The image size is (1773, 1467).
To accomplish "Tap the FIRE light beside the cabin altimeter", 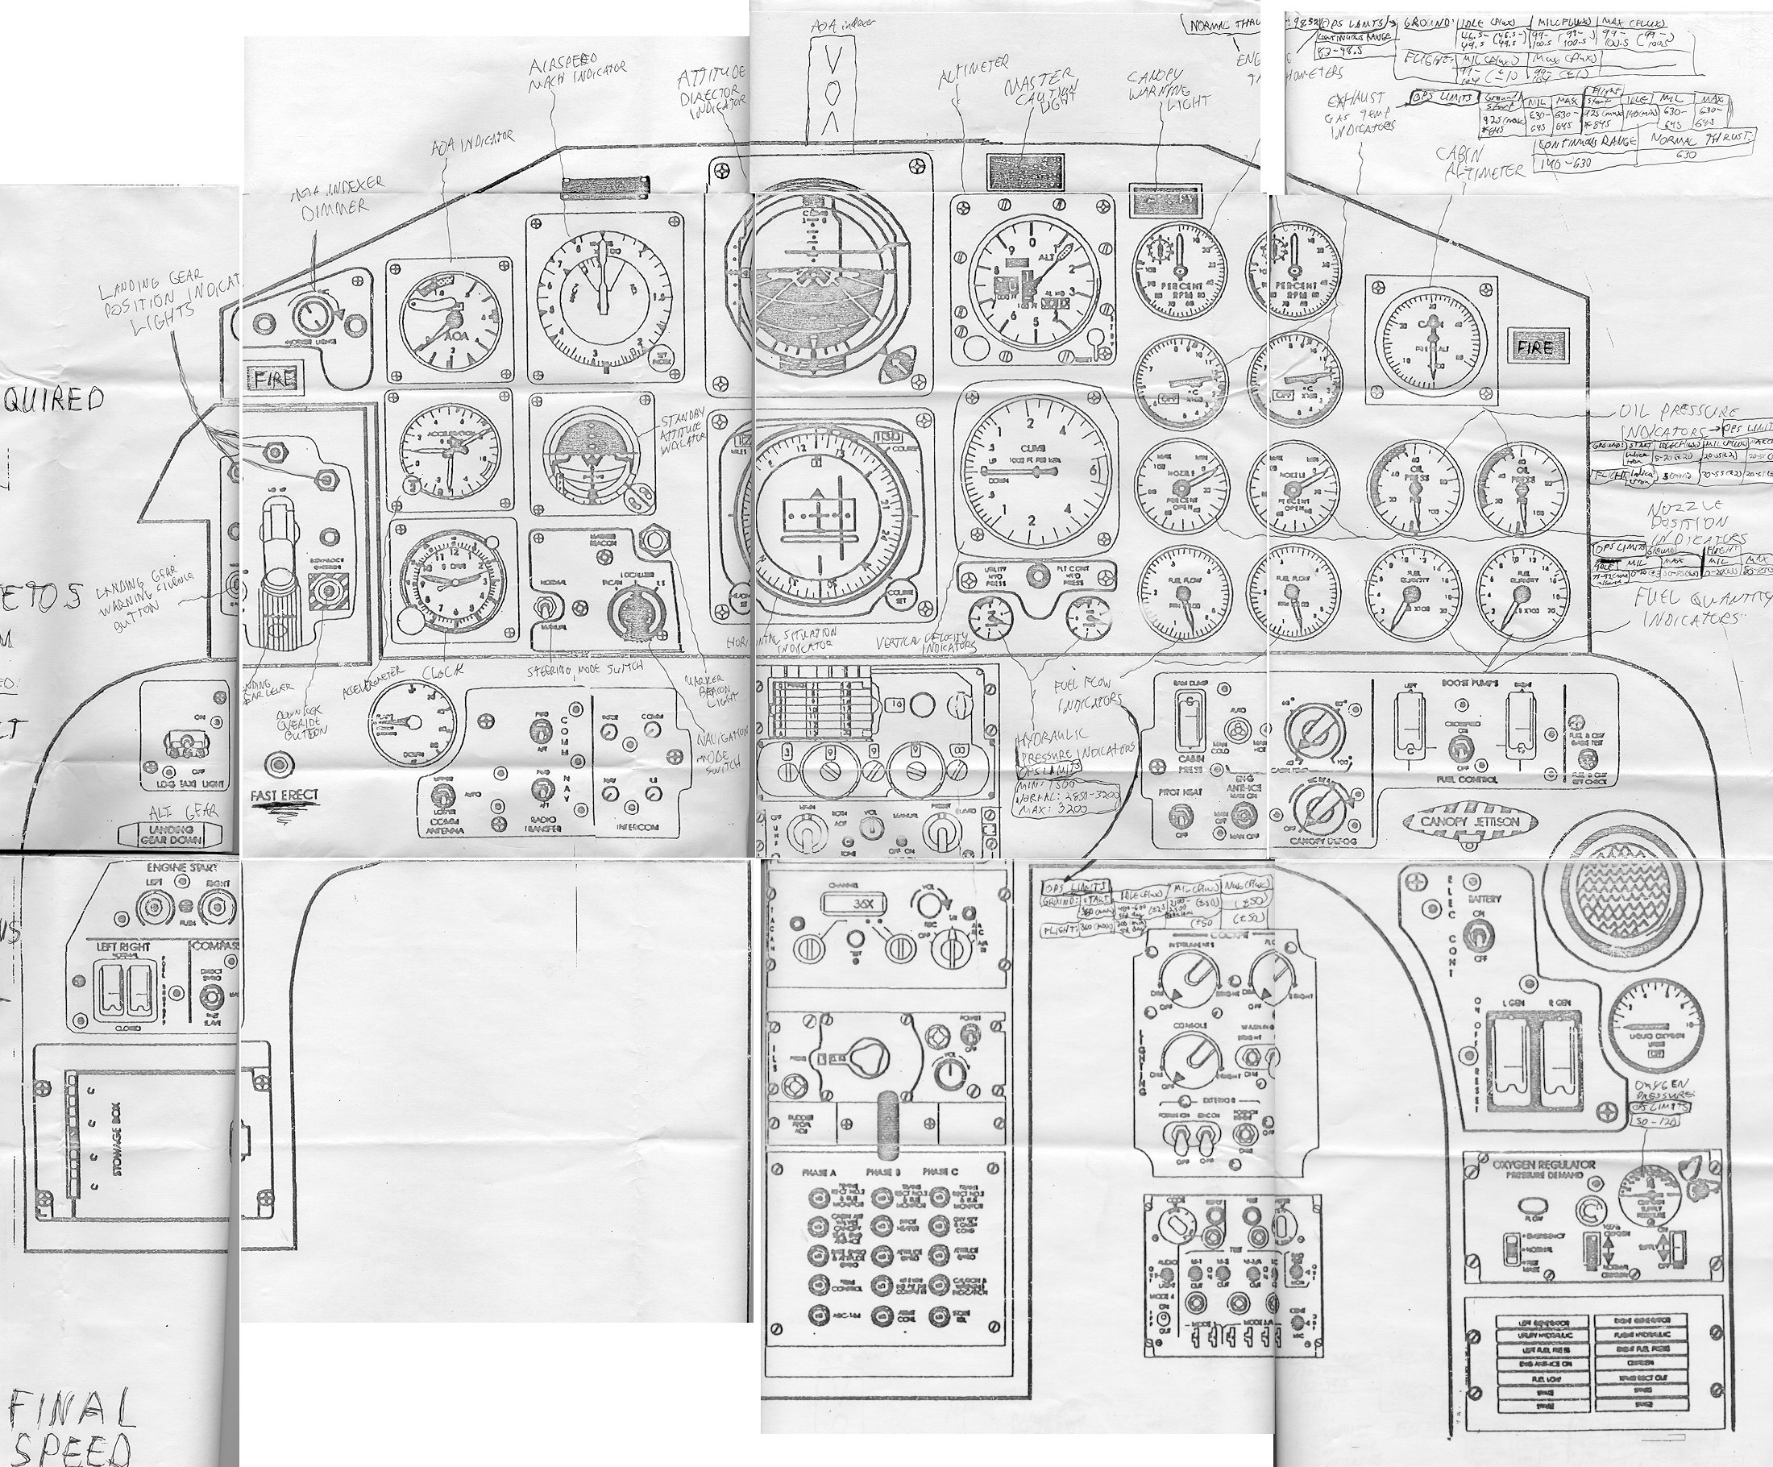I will [x=1535, y=347].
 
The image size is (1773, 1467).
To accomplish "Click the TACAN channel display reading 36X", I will [x=862, y=904].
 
